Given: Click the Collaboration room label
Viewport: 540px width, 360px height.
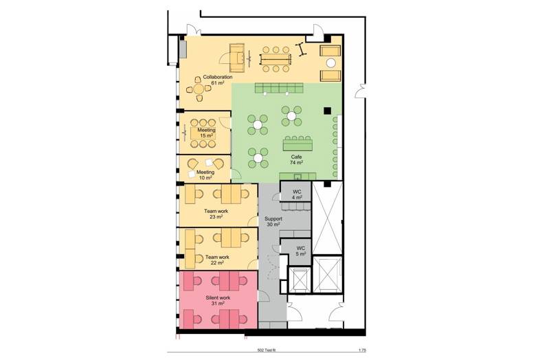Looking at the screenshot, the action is (x=217, y=80).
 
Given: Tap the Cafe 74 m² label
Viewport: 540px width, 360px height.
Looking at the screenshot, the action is (x=296, y=159).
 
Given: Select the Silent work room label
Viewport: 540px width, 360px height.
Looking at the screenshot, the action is (x=218, y=300).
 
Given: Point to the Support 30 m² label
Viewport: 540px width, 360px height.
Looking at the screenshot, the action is (x=273, y=221).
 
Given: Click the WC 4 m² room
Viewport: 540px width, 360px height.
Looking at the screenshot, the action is (x=297, y=194).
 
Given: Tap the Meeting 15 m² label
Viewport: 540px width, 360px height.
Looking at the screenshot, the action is (x=206, y=133).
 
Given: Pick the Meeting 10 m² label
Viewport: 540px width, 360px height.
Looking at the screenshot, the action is (x=205, y=175).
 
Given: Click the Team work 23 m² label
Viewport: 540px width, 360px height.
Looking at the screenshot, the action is (x=216, y=214).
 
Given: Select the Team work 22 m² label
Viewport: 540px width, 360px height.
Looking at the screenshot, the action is (x=217, y=260).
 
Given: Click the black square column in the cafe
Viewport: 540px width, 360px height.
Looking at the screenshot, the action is (x=327, y=111).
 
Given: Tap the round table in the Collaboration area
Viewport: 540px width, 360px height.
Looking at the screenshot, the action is (x=199, y=89).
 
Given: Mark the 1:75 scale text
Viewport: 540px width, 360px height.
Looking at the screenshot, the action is (x=362, y=350).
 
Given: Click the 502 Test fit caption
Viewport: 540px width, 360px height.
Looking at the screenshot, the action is (x=267, y=350).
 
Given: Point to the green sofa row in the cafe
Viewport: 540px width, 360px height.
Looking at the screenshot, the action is (x=279, y=88).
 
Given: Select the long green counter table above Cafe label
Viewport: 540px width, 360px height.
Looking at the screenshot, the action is (x=298, y=144).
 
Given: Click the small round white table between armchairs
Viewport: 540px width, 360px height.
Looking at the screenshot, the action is (x=330, y=63).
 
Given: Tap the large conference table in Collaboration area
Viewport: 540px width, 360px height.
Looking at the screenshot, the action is (x=275, y=59).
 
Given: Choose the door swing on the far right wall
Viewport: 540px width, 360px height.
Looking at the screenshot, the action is (x=360, y=91).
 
